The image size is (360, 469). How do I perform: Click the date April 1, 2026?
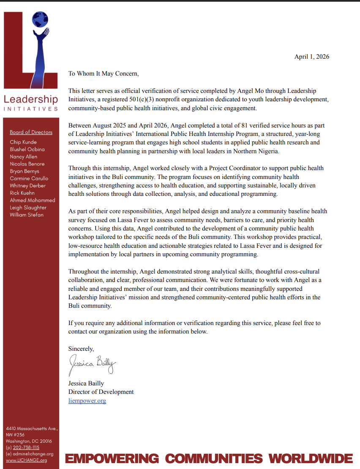tap(311, 57)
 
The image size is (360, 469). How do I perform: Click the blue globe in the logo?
tap(40, 19)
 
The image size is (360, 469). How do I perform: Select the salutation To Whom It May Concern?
tap(104, 73)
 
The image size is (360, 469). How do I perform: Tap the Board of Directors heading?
tap(31, 132)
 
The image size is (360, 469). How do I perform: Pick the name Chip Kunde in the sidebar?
tap(23, 142)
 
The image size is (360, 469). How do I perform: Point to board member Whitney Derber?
tap(28, 186)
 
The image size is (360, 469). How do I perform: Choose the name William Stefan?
tap(27, 215)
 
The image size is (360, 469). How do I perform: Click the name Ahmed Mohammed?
tap(33, 200)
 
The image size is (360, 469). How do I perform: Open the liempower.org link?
tap(87, 401)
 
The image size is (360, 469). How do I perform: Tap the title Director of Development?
tap(101, 392)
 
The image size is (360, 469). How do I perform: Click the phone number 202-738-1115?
tap(26, 447)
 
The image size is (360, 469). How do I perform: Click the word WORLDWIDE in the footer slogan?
tap(311, 458)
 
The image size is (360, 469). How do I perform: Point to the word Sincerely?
tap(81, 349)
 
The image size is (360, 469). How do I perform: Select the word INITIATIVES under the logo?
tap(31, 108)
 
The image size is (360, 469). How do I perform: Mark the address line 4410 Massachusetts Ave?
tap(32, 428)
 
